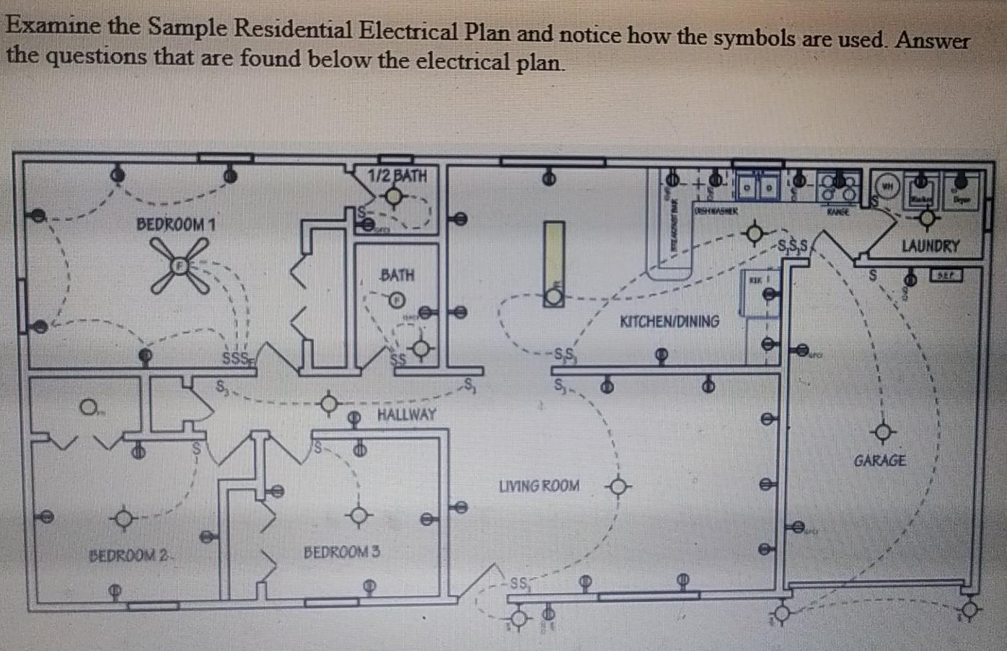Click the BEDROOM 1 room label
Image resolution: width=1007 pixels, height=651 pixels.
click(176, 224)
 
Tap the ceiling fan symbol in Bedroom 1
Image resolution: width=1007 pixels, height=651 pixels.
click(180, 266)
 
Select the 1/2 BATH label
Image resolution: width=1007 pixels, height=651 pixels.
click(397, 175)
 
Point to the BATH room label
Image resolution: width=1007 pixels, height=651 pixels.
click(397, 275)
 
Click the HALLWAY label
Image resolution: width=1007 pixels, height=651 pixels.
click(407, 414)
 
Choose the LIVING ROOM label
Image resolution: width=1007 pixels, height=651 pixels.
click(539, 486)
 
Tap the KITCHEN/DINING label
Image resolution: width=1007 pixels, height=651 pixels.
click(669, 322)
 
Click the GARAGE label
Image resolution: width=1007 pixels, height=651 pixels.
click(879, 460)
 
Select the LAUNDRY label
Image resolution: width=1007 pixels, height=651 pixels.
click(931, 246)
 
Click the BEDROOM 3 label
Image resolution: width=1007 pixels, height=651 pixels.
click(342, 552)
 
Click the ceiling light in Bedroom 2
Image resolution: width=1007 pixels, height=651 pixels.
click(124, 518)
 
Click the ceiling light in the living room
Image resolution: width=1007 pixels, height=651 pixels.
click(618, 487)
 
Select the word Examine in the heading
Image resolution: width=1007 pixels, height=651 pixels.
click(53, 26)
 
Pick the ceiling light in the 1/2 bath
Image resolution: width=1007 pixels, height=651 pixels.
click(393, 196)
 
